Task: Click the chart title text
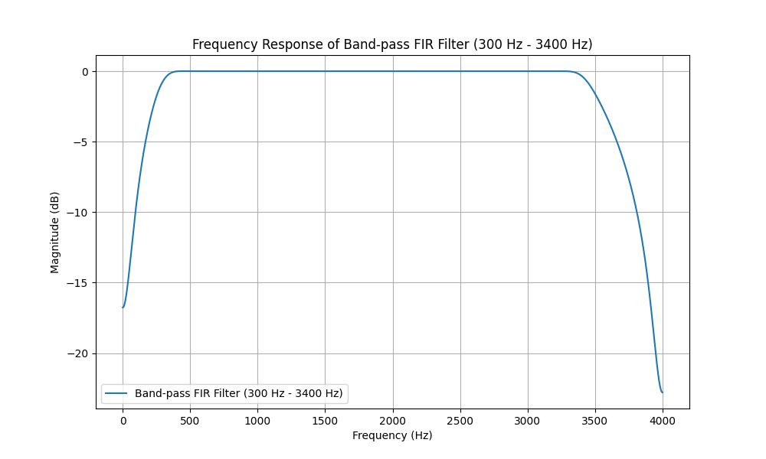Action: point(391,44)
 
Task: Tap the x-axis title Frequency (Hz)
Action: point(392,435)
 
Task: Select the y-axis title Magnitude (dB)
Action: point(54,233)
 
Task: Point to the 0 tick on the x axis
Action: point(123,421)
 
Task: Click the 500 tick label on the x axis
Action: point(190,421)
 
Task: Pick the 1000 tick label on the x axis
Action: point(257,421)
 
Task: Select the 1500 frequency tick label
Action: point(325,421)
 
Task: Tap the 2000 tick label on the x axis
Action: point(392,421)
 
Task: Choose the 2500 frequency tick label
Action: point(460,421)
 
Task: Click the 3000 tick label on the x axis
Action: point(527,421)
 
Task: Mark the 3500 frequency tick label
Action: point(594,421)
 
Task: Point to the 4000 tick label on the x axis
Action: point(662,421)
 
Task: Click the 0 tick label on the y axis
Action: point(86,72)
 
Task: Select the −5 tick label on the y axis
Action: point(83,142)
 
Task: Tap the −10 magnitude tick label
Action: point(80,213)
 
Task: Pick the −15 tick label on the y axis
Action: point(80,283)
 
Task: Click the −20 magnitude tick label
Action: point(80,353)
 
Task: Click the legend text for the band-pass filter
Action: point(238,393)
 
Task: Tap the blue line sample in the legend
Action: point(116,393)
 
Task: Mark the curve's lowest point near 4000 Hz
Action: point(662,392)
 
